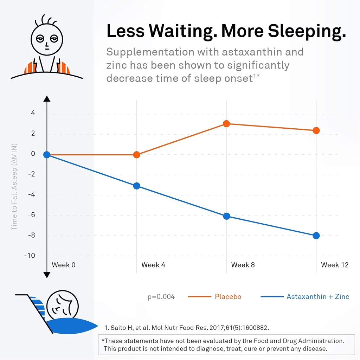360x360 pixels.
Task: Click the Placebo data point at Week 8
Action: click(x=226, y=124)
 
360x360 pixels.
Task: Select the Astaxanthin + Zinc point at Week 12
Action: click(x=316, y=236)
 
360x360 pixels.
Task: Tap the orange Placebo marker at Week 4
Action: click(x=137, y=155)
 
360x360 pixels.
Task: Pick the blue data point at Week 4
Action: click(x=137, y=186)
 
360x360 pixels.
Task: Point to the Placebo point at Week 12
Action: click(x=316, y=130)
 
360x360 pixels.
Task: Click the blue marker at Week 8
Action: click(x=226, y=216)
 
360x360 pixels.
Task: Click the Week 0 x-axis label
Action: click(x=64, y=265)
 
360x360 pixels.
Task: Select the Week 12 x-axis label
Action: click(x=335, y=265)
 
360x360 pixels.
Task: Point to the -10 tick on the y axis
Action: click(x=30, y=256)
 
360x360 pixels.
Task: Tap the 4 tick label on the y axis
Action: click(x=33, y=113)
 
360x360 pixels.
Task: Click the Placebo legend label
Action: click(x=228, y=297)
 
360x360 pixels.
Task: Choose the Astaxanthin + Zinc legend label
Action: click(x=318, y=297)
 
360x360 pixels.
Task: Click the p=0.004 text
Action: click(x=161, y=297)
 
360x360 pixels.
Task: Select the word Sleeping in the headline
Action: click(x=307, y=31)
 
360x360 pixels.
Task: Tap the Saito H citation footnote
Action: click(x=187, y=328)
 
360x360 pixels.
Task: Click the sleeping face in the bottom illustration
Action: click(x=63, y=304)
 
